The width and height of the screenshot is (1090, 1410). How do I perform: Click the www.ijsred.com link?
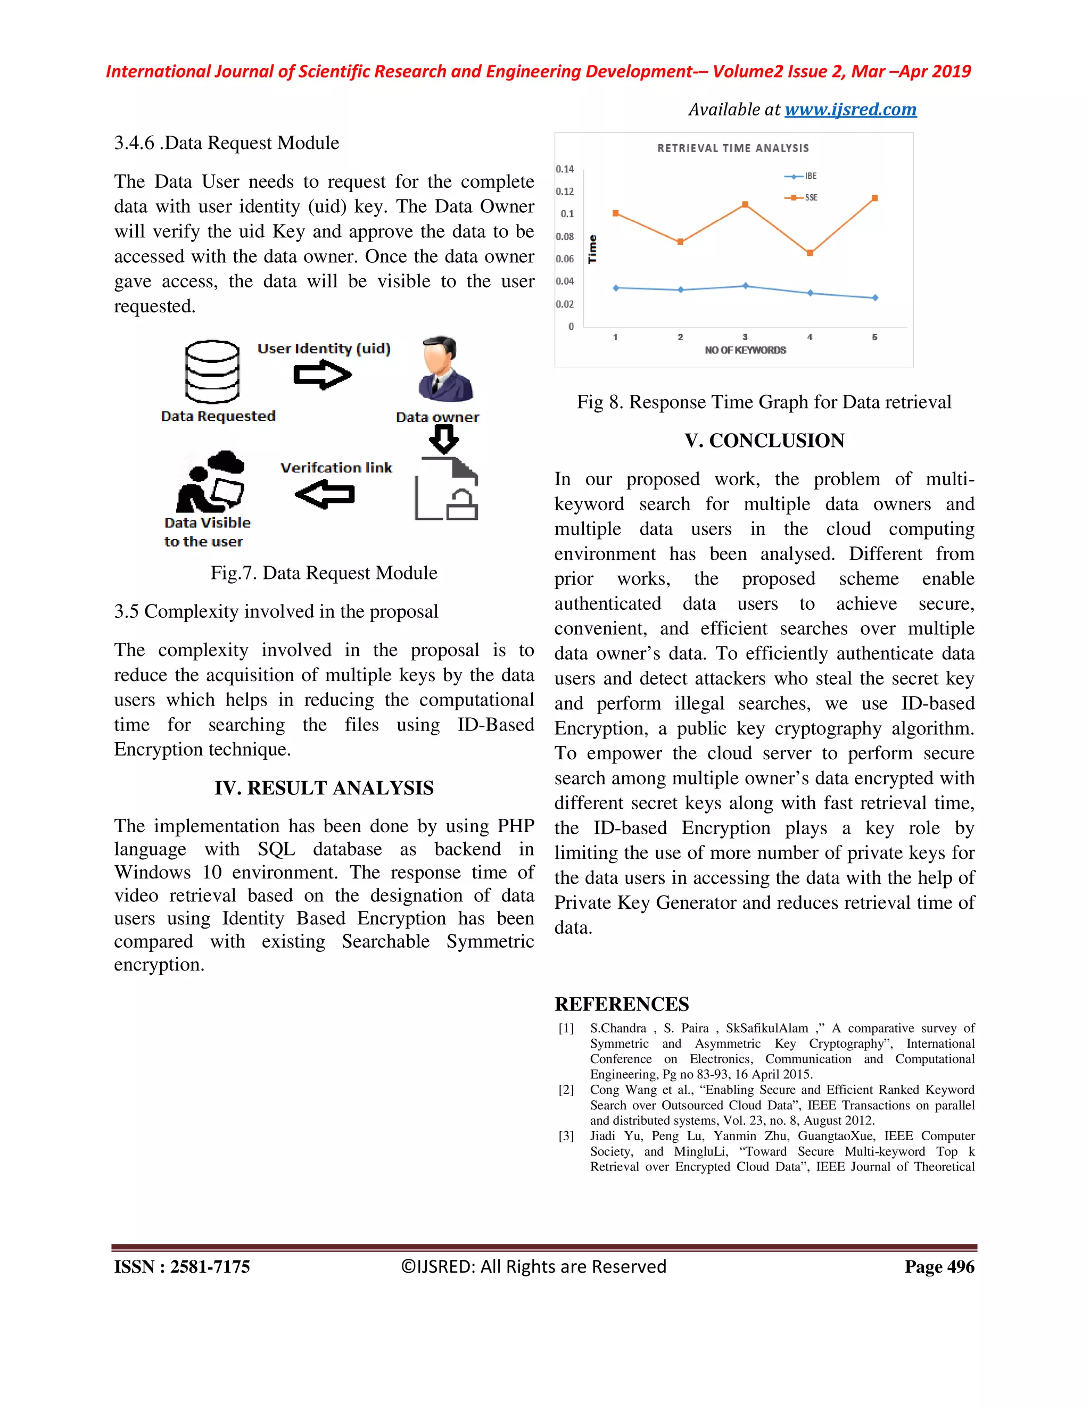(x=850, y=110)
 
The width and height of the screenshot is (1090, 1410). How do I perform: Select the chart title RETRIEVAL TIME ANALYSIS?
(x=733, y=148)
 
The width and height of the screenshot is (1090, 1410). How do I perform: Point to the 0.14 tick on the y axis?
(x=564, y=169)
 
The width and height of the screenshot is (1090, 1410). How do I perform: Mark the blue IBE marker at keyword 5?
(x=875, y=297)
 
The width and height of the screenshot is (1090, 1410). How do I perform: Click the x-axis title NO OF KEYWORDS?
(x=745, y=350)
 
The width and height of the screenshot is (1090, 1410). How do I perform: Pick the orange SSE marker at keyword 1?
(x=615, y=213)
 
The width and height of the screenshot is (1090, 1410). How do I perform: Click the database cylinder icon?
(x=212, y=372)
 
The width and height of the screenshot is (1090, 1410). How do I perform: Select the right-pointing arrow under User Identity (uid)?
(x=322, y=375)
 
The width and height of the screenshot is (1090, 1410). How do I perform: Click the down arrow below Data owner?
(x=444, y=442)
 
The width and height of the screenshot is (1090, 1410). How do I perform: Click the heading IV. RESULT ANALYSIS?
(x=324, y=789)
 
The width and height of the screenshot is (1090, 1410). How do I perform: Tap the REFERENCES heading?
(x=621, y=1005)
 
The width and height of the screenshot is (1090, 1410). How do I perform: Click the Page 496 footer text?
(x=939, y=1267)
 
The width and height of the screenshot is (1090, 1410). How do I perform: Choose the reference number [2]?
(x=566, y=1090)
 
